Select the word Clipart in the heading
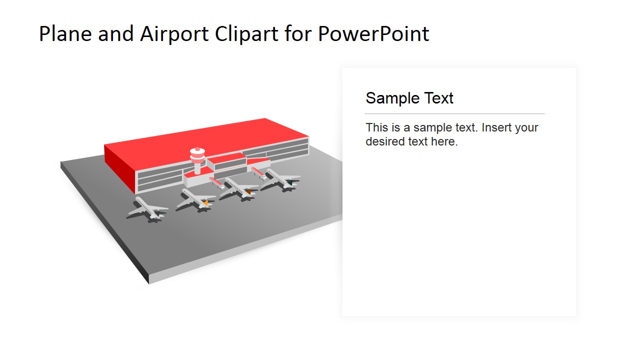247,34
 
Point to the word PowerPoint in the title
373,34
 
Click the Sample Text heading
409,98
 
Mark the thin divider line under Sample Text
454,114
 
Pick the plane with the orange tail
194,199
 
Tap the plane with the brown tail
238,188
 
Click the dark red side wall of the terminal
120,167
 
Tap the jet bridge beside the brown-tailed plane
216,181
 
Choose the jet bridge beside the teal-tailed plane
258,172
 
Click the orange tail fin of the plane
204,202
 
